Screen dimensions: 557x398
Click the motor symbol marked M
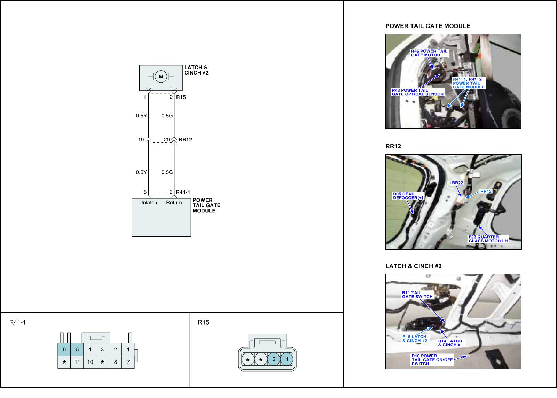161,76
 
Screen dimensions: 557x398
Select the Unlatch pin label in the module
148,203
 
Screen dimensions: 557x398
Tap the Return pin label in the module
174,203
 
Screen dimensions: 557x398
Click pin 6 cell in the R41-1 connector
64,349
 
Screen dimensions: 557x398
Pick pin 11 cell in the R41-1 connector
77,362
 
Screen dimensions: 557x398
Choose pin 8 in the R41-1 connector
115,362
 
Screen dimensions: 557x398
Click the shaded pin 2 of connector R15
274,359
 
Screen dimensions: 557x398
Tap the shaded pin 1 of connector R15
287,359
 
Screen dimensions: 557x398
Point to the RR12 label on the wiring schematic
185,140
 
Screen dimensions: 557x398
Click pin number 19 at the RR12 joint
141,140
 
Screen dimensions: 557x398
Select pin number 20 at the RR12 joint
167,140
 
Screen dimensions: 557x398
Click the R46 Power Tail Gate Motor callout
429,53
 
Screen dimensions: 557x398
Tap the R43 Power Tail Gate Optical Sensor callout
418,92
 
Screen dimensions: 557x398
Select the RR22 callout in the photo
457,183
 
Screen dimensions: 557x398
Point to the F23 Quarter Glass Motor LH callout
488,239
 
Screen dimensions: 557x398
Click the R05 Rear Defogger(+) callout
408,196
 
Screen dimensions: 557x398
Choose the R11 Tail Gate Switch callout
417,295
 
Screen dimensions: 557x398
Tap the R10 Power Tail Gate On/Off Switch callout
432,360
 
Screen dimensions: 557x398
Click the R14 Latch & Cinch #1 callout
450,343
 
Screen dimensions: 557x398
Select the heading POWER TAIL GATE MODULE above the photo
428,26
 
